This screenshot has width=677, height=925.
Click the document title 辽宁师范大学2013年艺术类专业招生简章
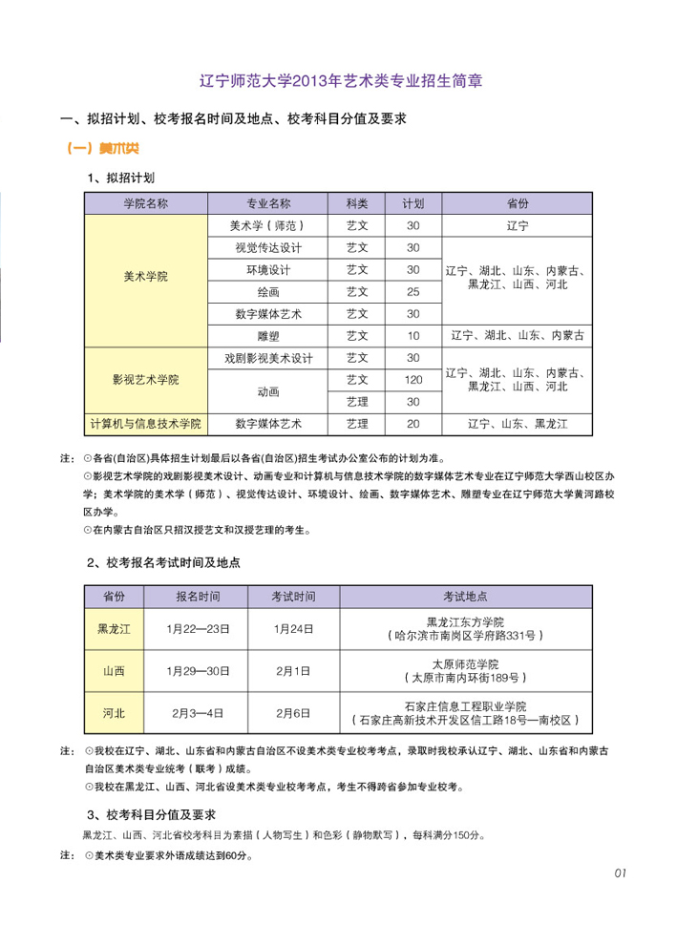(x=339, y=80)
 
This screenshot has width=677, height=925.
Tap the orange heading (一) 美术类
(x=105, y=149)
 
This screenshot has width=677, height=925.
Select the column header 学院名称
(x=145, y=203)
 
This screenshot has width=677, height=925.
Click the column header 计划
(x=413, y=203)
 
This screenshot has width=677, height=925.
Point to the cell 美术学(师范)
(x=268, y=226)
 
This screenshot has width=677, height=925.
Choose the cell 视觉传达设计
(x=268, y=248)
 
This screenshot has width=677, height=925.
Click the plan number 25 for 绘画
(x=413, y=291)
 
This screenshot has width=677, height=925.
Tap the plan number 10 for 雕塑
(x=413, y=335)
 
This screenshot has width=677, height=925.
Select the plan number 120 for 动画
(x=413, y=380)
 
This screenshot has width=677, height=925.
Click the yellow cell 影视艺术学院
(x=145, y=380)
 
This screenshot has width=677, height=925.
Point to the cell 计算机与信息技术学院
(x=145, y=423)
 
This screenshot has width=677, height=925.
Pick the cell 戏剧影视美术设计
(x=268, y=358)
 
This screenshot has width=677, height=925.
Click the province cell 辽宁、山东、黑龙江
(x=517, y=423)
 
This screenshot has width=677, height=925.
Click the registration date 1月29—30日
(x=198, y=671)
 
